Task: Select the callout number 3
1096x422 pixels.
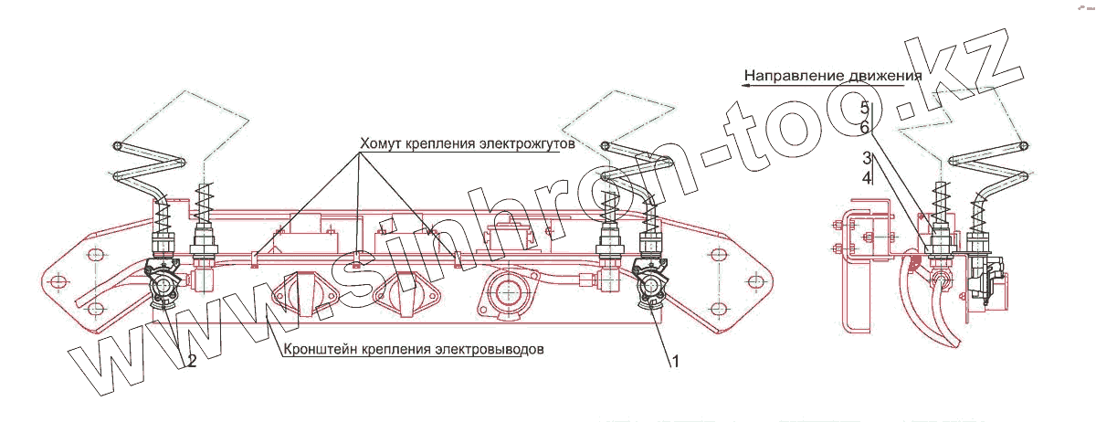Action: tap(865, 159)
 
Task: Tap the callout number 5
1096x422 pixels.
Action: tap(864, 109)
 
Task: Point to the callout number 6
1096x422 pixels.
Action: tap(864, 127)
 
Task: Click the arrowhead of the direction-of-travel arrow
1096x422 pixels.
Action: tap(745, 84)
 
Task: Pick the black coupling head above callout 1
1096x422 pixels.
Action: tap(653, 283)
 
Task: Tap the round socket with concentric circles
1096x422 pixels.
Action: tap(505, 294)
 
